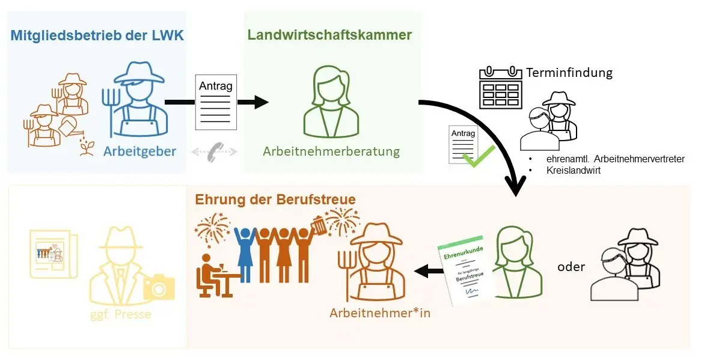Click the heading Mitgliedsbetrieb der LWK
pos(97,35)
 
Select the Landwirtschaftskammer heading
pos(329,35)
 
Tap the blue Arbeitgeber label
pos(139,151)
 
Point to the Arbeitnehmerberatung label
pos(331,151)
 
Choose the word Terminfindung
pos(569,73)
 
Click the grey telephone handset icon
pos(214,153)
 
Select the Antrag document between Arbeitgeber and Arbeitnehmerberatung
pos(215,102)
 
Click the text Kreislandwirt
pos(574,171)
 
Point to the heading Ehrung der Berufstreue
pos(275,200)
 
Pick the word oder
pos(571,266)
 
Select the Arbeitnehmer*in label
pos(380,313)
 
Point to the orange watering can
pos(70,127)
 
